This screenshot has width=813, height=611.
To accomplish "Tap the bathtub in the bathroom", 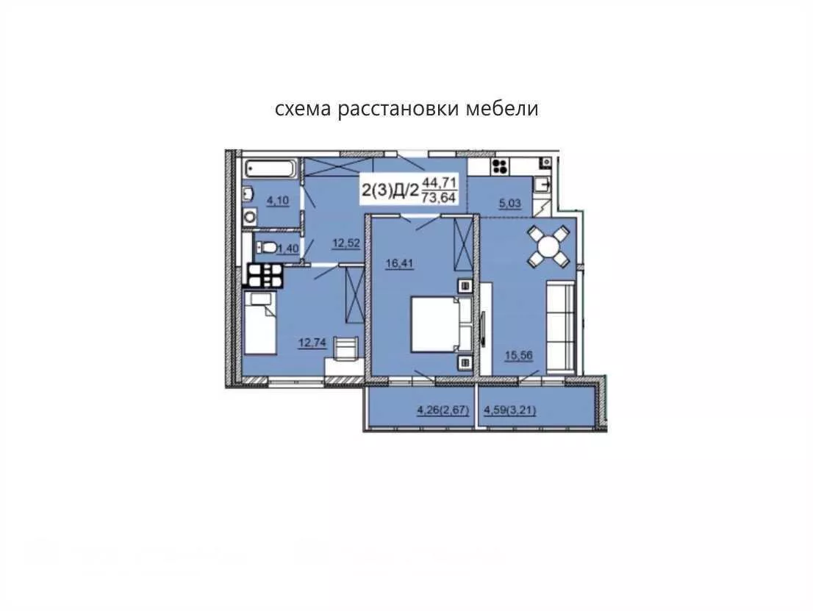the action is (x=271, y=168).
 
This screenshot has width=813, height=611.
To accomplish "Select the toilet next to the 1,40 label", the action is (x=267, y=247).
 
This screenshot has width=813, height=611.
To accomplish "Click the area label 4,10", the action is (x=278, y=201).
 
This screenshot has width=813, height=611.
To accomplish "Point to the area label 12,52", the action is (x=345, y=243).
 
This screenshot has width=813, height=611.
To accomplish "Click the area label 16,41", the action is (x=399, y=263).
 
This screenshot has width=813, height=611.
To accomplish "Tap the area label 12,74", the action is (x=312, y=343).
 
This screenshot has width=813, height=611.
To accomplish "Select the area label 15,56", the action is (x=519, y=355).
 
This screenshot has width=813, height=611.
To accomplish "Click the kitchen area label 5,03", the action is (x=509, y=204).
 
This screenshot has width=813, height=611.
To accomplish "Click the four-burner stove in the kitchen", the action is (x=501, y=166).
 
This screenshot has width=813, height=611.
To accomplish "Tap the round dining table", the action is (x=548, y=246).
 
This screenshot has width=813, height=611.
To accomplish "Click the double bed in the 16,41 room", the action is (x=441, y=324).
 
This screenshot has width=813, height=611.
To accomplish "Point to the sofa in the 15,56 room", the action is (x=560, y=326).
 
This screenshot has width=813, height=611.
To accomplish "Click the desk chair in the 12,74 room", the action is (x=345, y=347).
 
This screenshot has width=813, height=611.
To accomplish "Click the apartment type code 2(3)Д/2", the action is (x=390, y=190).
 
